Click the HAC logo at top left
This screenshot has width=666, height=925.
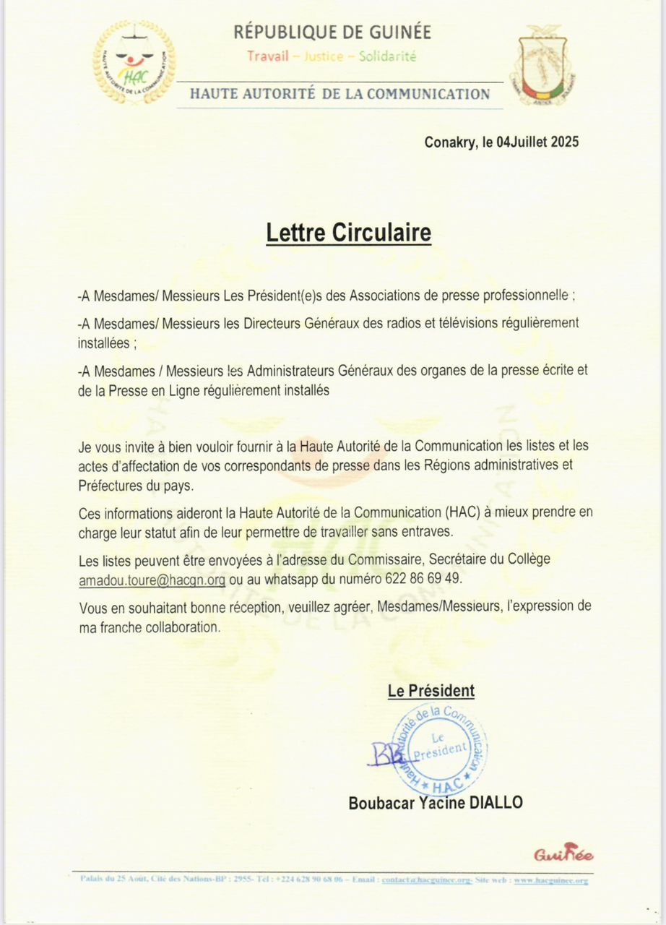(134, 62)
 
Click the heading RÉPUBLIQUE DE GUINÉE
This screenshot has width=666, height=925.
(332, 32)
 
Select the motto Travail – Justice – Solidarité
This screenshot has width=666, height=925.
(332, 56)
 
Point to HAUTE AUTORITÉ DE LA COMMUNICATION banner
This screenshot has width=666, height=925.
(340, 94)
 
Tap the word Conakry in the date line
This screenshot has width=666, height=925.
(449, 142)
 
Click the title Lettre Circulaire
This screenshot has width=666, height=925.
(348, 233)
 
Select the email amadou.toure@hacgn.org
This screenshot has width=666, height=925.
(152, 580)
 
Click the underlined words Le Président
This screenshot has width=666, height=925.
(431, 691)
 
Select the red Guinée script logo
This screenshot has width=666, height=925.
(563, 854)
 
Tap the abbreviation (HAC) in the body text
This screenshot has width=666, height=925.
(453, 514)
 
